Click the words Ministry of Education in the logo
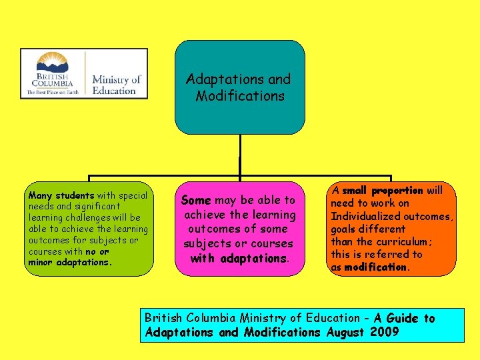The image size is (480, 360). tap(117, 85)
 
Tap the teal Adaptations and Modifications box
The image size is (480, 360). tap(239, 87)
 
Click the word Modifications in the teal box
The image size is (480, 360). tap(240, 96)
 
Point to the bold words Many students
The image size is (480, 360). tap(61, 196)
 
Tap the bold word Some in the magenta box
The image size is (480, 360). tap(196, 200)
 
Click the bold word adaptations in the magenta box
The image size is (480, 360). tap(254, 258)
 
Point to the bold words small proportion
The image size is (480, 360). tap(383, 191)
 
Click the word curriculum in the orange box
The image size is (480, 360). tap(401, 241)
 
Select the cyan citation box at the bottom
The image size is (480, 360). tap(302, 325)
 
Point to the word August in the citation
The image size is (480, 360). tap(345, 332)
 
